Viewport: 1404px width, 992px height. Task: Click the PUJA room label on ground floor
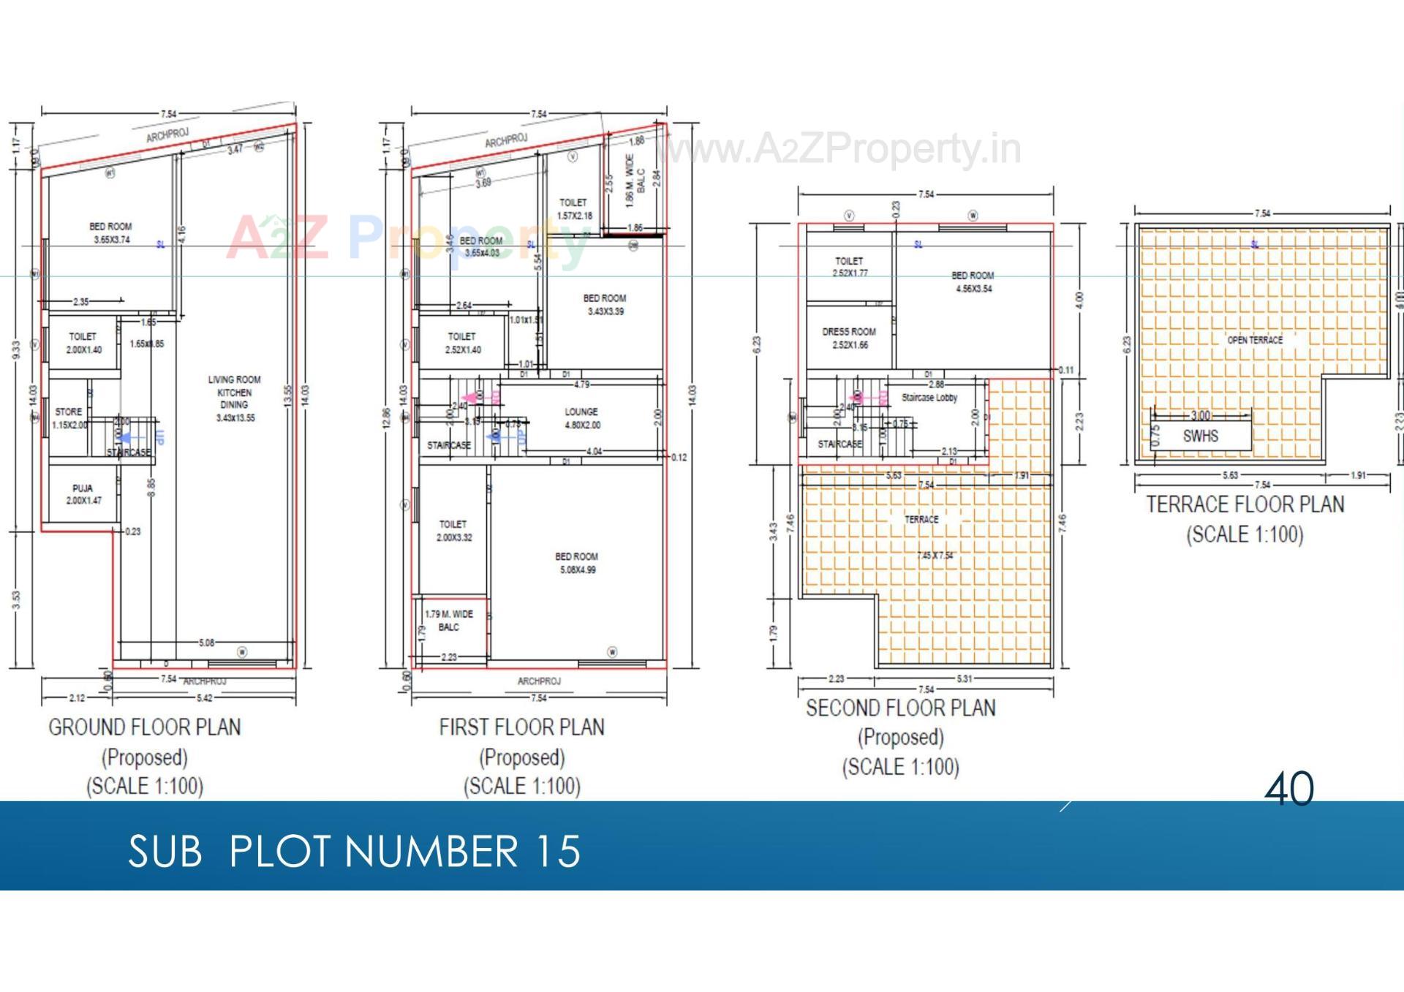point(83,494)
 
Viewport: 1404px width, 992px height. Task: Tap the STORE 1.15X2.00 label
point(69,418)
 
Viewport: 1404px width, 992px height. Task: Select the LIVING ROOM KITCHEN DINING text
point(234,398)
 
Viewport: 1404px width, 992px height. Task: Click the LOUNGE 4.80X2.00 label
point(581,418)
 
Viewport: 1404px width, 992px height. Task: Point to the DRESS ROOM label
point(848,338)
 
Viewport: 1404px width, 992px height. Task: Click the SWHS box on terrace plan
point(1200,436)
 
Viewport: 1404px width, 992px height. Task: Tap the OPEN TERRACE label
point(1255,340)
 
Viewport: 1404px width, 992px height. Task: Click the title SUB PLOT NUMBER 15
point(354,852)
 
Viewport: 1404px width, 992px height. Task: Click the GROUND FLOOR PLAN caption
point(145,727)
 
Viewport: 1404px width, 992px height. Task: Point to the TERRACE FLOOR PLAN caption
point(1245,504)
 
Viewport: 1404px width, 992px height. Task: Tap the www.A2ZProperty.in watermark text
point(841,150)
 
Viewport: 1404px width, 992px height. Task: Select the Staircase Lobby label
point(929,398)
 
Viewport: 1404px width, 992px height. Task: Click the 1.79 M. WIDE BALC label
point(449,621)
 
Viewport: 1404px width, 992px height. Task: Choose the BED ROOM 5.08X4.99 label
point(576,563)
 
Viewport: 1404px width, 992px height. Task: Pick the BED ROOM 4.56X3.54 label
point(973,282)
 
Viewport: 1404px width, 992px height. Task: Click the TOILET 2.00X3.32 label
point(453,531)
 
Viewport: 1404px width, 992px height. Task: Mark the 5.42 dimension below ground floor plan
point(204,698)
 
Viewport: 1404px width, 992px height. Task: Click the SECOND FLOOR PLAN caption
point(900,708)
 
